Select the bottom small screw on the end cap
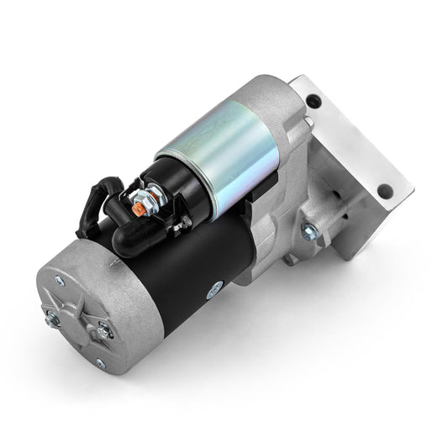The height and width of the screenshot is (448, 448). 99,362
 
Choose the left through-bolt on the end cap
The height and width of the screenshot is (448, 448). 51,317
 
